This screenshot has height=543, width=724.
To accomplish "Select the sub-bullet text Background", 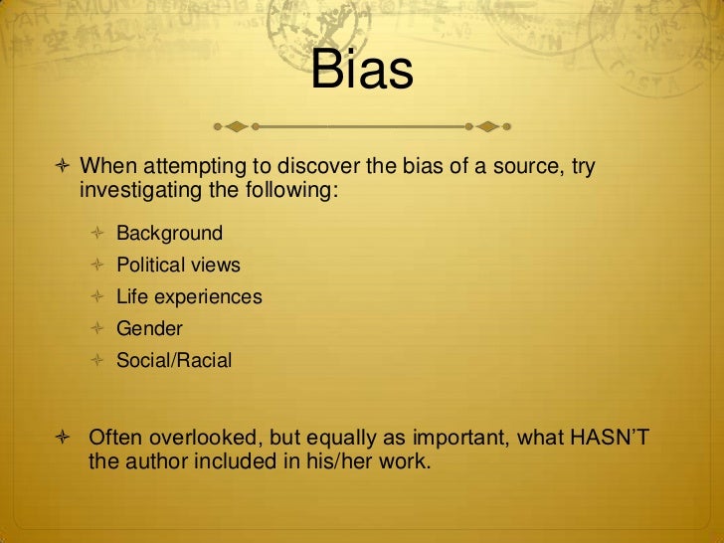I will click(x=169, y=234).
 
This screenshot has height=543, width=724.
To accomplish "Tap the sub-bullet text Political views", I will click(x=178, y=266).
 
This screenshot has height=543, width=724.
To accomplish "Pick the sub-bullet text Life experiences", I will click(x=189, y=297).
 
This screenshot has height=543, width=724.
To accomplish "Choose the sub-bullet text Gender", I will click(x=149, y=329).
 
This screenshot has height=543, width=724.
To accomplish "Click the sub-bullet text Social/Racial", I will click(x=174, y=361).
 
